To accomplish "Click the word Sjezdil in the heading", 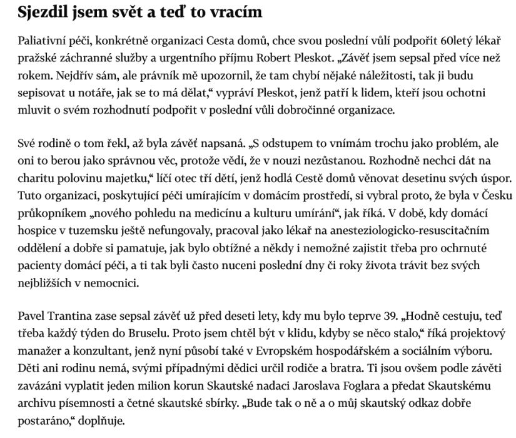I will click(x=41, y=13).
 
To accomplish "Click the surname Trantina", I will click(x=65, y=316).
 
